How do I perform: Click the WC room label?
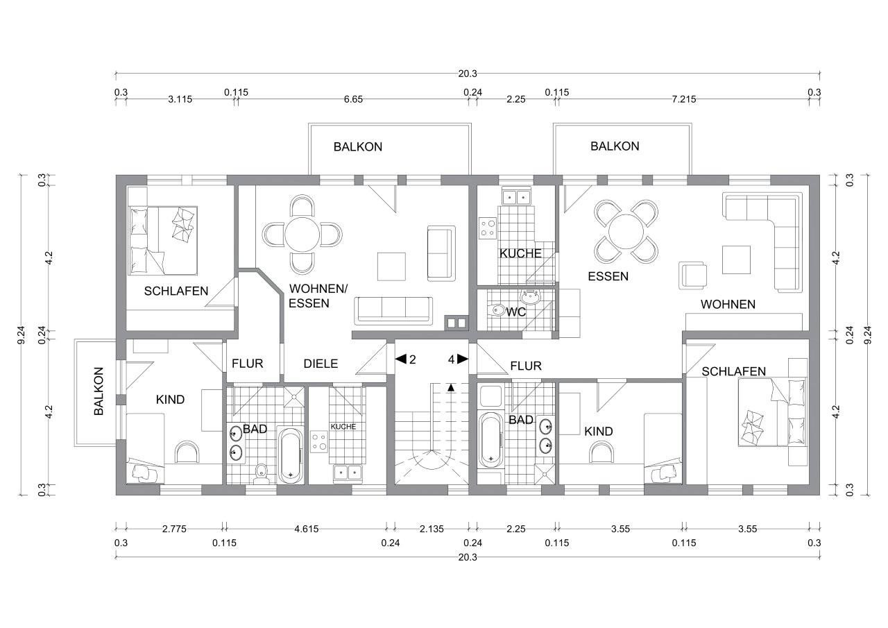point(515,312)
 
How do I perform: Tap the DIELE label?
point(321,364)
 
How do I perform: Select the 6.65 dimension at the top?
point(353,99)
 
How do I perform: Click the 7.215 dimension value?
point(684,99)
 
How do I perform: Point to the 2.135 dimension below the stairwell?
point(432,529)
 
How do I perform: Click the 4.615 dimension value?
point(307,529)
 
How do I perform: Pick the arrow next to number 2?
point(401,359)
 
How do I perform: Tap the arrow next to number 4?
point(463,359)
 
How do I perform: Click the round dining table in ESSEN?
point(626,232)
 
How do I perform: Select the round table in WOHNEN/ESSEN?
point(302,235)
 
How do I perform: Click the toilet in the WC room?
point(497,309)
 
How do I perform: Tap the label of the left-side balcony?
point(99,391)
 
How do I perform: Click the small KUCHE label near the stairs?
point(343,427)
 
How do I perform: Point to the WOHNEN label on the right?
point(728,305)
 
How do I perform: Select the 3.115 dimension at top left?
point(180,99)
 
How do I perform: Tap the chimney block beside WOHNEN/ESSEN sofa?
point(456,323)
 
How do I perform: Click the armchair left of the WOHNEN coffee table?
point(692,275)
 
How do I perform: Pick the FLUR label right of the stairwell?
point(526,366)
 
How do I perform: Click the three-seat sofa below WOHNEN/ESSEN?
point(393,310)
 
